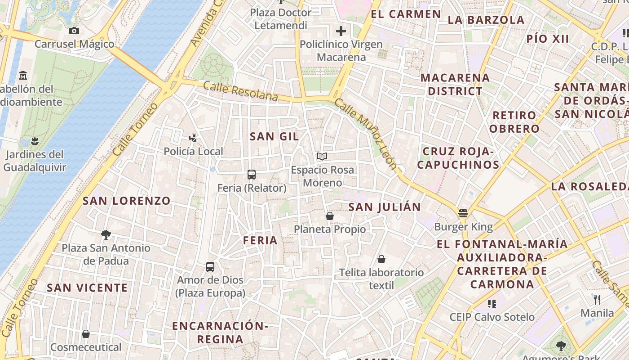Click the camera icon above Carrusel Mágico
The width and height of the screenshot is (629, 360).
pyautogui.click(x=74, y=31)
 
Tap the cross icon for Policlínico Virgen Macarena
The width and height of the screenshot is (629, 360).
pyautogui.click(x=341, y=31)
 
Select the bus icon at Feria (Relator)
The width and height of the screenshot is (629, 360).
pyautogui.click(x=252, y=175)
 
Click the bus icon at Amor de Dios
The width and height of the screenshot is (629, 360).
pyautogui.click(x=210, y=266)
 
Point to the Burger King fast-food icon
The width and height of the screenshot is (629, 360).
pyautogui.click(x=463, y=213)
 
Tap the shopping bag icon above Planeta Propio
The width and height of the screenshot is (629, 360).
pyautogui.click(x=330, y=216)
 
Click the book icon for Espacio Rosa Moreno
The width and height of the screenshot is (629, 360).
pyautogui.click(x=322, y=157)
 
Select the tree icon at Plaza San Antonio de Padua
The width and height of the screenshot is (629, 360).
pyautogui.click(x=106, y=234)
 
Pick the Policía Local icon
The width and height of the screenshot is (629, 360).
pyautogui.click(x=193, y=138)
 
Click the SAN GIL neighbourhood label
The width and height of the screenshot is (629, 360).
pyautogui.click(x=274, y=137)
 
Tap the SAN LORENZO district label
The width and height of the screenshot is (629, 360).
pyautogui.click(x=127, y=201)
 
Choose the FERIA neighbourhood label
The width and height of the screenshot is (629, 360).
pyautogui.click(x=260, y=241)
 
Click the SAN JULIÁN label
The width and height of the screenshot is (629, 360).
pyautogui.click(x=385, y=207)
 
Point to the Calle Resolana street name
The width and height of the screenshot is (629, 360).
pyautogui.click(x=240, y=91)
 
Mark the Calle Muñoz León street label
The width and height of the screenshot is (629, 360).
pyautogui.click(x=366, y=134)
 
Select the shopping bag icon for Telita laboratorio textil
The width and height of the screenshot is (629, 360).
pyautogui.click(x=381, y=259)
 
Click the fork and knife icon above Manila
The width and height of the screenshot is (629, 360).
pyautogui.click(x=597, y=300)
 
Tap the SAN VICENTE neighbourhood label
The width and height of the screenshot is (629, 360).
pyautogui.click(x=88, y=288)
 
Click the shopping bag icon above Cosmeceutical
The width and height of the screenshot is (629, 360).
pyautogui.click(x=86, y=334)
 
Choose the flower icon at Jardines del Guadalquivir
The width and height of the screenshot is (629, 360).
pyautogui.click(x=35, y=141)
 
